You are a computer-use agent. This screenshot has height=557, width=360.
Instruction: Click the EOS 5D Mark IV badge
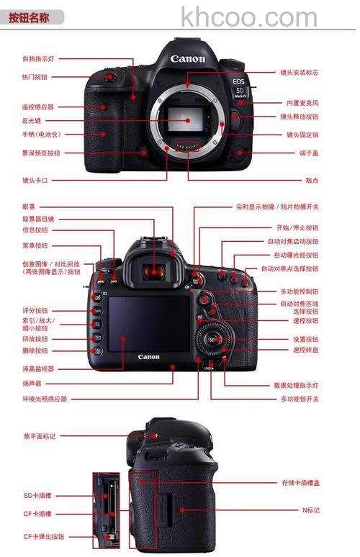(x=239, y=86)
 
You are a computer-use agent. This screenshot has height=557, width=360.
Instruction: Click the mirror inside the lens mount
(x=189, y=119)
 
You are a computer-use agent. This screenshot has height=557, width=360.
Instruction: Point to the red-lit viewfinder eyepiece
(x=152, y=271)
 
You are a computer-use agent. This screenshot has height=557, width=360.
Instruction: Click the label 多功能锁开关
(x=300, y=398)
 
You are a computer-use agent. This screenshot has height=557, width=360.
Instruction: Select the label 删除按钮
(x=35, y=350)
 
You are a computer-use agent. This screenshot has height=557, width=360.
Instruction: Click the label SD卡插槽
(x=37, y=495)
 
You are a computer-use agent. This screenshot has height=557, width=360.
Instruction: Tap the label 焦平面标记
(x=39, y=436)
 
